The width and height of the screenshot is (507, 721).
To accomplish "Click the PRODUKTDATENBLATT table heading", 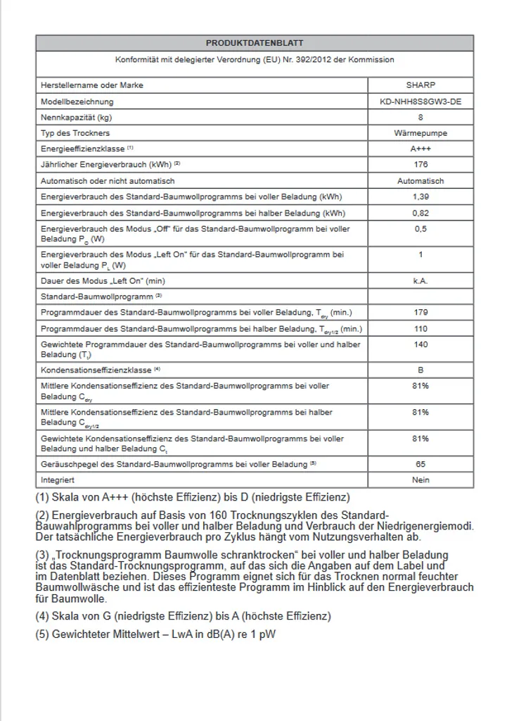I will pyautogui.click(x=255, y=43).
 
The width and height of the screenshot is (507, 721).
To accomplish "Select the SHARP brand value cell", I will pyautogui.click(x=421, y=85).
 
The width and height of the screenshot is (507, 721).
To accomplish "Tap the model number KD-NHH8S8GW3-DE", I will pyautogui.click(x=421, y=101).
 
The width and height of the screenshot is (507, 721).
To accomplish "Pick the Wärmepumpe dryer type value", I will pyautogui.click(x=421, y=133).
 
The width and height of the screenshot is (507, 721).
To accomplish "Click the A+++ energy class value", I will pyautogui.click(x=421, y=149).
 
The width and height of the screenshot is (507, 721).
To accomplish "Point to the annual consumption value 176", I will pyautogui.click(x=421, y=165).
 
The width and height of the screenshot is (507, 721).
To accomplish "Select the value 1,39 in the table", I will pyautogui.click(x=421, y=196).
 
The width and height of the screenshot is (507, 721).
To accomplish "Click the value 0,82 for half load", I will pyautogui.click(x=421, y=213).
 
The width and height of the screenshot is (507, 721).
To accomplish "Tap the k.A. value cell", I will pyautogui.click(x=421, y=280).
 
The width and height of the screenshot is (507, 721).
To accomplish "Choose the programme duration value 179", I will pyautogui.click(x=421, y=312).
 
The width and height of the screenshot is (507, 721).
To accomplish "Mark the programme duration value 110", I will pyautogui.click(x=421, y=328).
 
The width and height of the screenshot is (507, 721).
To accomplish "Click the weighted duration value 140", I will pyautogui.click(x=421, y=344).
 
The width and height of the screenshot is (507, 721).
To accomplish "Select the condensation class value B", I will pyautogui.click(x=421, y=370).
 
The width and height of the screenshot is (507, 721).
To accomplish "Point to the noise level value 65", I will pyautogui.click(x=421, y=464).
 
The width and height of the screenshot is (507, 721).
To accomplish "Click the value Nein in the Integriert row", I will pyautogui.click(x=421, y=480).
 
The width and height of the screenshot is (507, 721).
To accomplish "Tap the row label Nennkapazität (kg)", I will pyautogui.click(x=77, y=118).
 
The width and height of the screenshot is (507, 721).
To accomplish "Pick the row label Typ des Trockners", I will pyautogui.click(x=75, y=133).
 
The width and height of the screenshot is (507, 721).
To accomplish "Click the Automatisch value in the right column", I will pyautogui.click(x=421, y=181).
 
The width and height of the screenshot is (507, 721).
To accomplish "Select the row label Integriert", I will pyautogui.click(x=58, y=480).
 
